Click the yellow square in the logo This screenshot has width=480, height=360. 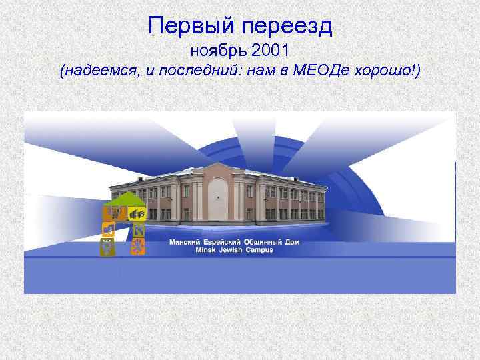[138, 214]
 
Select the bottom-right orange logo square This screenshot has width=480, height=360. [138, 247]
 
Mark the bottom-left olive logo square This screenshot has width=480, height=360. [107, 247]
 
